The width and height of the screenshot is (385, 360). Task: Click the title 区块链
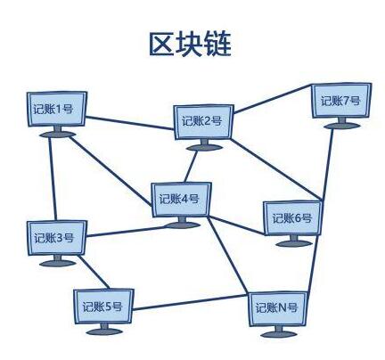pyautogui.click(x=190, y=44)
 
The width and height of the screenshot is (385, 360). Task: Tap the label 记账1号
pyautogui.click(x=53, y=109)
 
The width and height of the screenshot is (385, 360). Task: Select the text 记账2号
pyautogui.click(x=202, y=121)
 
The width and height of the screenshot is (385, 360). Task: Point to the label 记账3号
pyautogui.click(x=54, y=238)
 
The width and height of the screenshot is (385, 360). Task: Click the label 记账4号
pyautogui.click(x=179, y=199)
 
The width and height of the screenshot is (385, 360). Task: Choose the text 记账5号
pyautogui.click(x=102, y=307)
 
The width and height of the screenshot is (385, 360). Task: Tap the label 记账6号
pyautogui.click(x=292, y=218)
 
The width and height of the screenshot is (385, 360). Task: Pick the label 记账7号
pyautogui.click(x=340, y=101)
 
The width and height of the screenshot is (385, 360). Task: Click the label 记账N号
pyautogui.click(x=276, y=307)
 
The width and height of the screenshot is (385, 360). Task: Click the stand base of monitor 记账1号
pyautogui.click(x=58, y=135)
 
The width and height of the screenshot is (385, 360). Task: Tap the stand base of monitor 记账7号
pyautogui.click(x=342, y=126)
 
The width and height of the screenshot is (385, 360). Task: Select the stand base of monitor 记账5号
pyautogui.click(x=104, y=331)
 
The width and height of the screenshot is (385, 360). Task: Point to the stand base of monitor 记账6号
pyautogui.click(x=294, y=243)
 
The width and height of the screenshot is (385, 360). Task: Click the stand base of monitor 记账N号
pyautogui.click(x=279, y=334)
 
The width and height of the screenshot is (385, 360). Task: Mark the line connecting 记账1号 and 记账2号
pyautogui.click(x=130, y=123)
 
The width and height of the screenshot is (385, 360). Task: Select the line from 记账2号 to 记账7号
pyautogui.click(x=273, y=99)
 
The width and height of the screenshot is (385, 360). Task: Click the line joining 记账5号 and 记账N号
pyautogui.click(x=190, y=303)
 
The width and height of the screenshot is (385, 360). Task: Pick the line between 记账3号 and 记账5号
pyautogui.click(x=94, y=272)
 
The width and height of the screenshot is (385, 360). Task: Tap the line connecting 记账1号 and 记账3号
pyautogui.click(x=52, y=179)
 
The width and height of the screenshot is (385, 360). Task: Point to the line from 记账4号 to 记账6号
pyautogui.click(x=236, y=225)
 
